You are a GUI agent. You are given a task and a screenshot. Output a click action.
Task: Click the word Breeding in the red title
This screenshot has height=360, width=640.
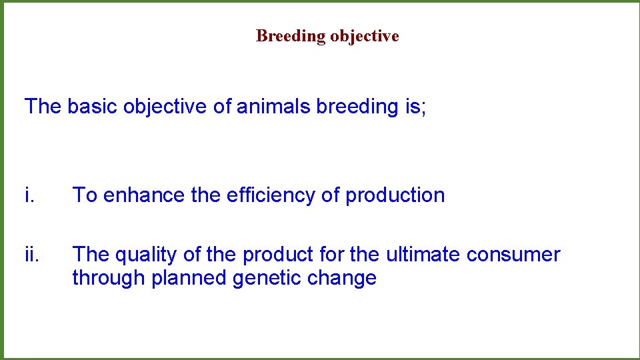coord(291,36)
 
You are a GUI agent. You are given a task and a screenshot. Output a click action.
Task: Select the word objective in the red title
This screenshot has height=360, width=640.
coord(365,36)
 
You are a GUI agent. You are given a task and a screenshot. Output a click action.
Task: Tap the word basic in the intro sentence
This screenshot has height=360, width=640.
coord(92,106)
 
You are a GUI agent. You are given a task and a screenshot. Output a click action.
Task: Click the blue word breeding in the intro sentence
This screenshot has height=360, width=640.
coord(357,107)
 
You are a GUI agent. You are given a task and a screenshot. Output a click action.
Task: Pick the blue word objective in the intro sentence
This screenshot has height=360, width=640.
coord(165,107)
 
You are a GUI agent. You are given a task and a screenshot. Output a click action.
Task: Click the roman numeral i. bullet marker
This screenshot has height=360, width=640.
coord(29,195)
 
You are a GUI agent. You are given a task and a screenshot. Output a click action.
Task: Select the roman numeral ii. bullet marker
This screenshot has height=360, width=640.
coord(32,254)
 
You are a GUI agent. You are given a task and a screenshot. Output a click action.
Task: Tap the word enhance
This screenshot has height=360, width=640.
coord(144,195)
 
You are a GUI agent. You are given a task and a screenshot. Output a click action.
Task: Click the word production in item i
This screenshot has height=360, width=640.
coord(395,195)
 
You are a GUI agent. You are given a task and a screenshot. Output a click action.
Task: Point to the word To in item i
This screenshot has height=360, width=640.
coord(85,195)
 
